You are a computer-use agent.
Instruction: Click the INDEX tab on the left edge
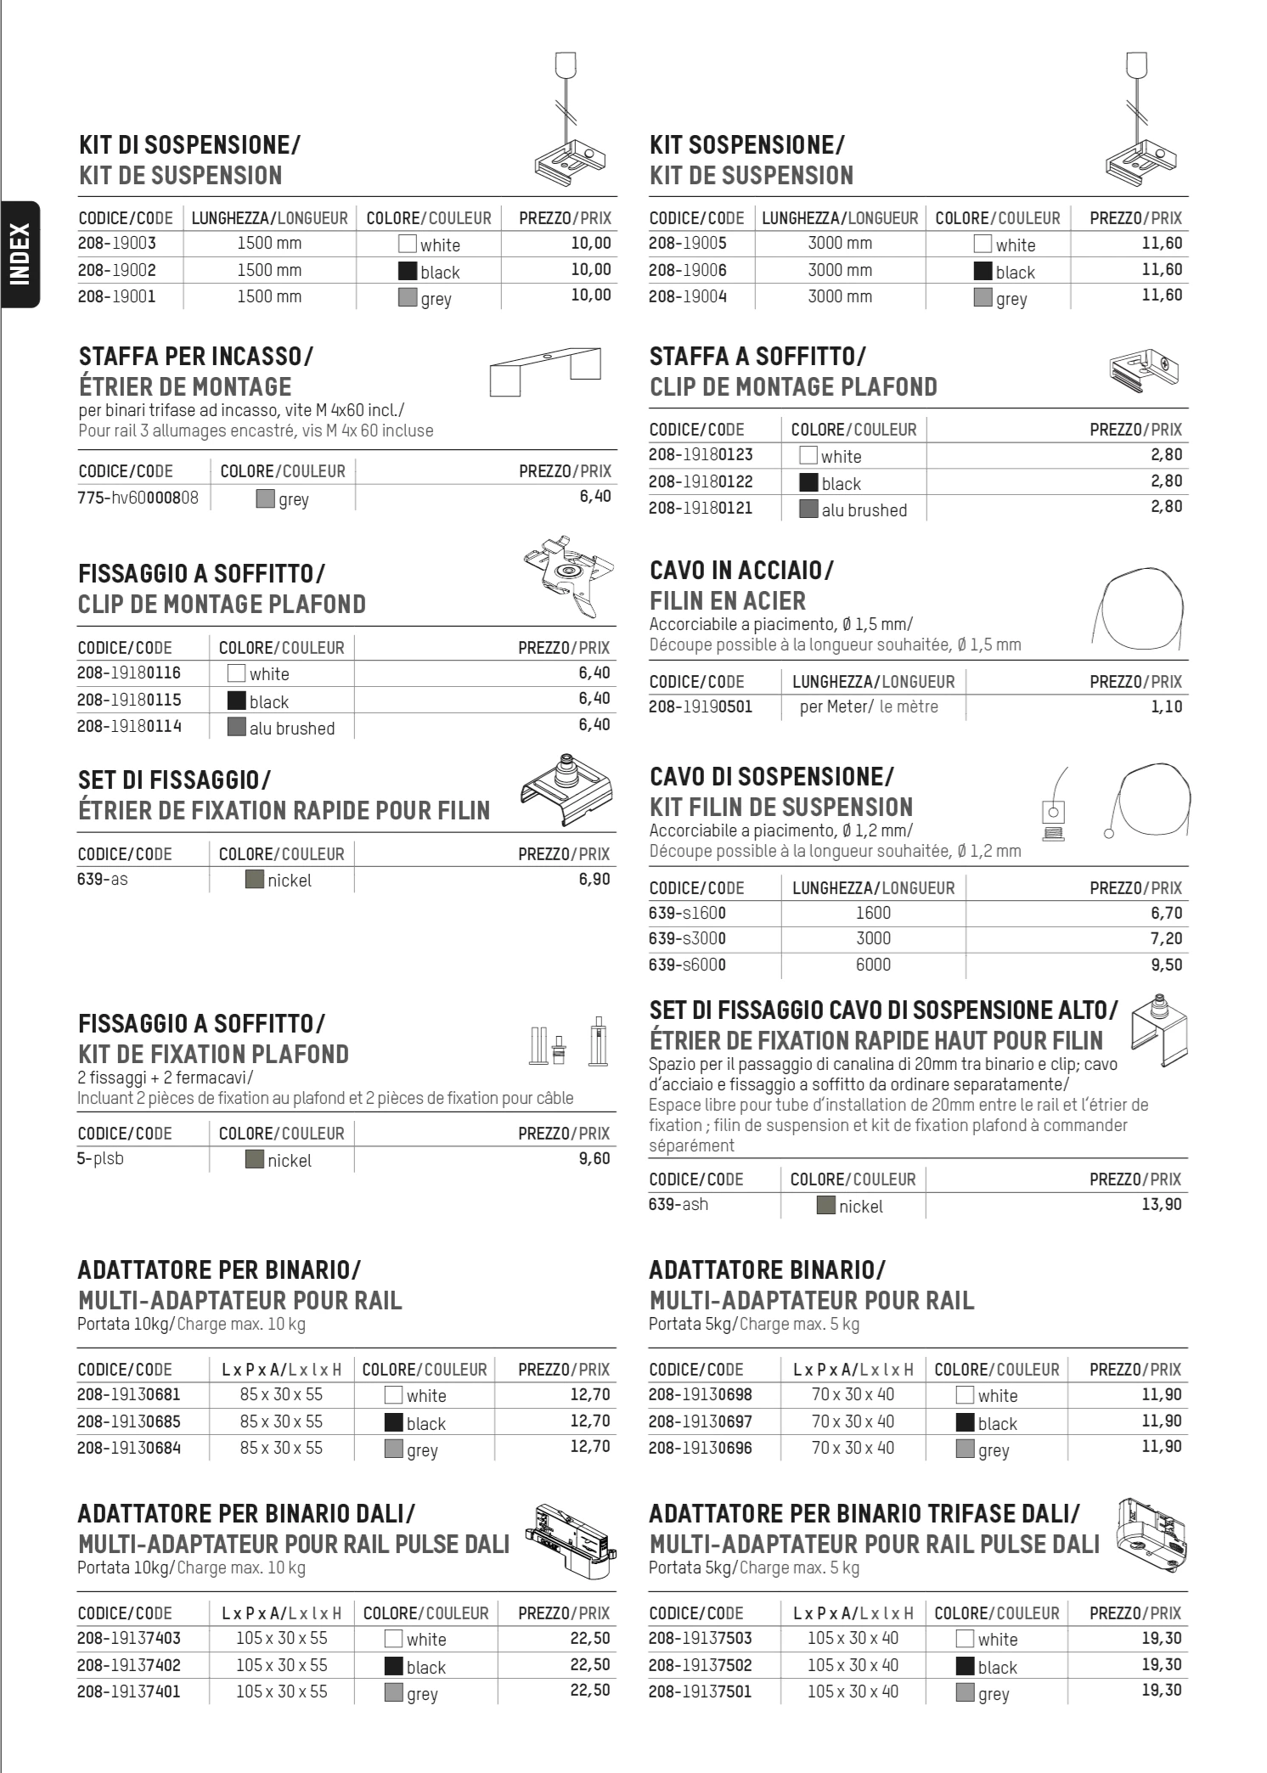[20, 254]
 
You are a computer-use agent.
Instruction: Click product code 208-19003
[117, 243]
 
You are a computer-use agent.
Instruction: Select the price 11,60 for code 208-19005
[1162, 243]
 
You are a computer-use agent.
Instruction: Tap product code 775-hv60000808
[138, 497]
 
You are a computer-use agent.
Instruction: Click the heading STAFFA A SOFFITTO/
[757, 357]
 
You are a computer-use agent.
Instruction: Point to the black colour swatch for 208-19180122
[808, 483]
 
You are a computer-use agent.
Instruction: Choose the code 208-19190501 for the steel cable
[701, 706]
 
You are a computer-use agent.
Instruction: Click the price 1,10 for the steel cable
[1167, 706]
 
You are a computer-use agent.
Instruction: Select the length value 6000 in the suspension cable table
[873, 965]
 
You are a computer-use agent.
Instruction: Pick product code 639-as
[103, 879]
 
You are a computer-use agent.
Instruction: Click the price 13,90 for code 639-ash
[1161, 1204]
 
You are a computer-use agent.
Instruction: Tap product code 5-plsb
[100, 1158]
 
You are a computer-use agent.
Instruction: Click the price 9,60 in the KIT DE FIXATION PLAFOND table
[594, 1158]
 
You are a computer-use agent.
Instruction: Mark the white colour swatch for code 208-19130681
[393, 1394]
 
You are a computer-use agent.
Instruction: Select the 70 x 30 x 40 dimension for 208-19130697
[853, 1421]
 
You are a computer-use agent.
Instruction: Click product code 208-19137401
[129, 1691]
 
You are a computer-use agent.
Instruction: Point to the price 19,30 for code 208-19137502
[1161, 1664]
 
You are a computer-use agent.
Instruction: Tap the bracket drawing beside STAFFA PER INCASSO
[545, 370]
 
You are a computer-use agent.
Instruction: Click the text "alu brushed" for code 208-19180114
[292, 729]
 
